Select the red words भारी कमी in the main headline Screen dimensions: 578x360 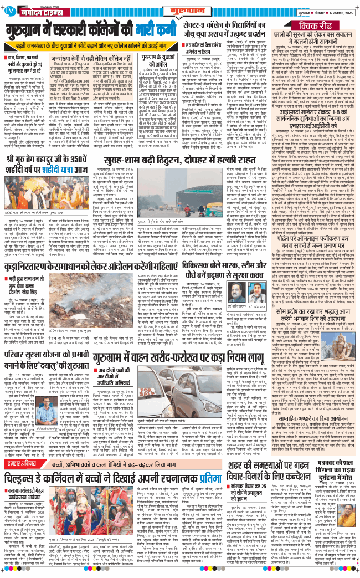[147, 29]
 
